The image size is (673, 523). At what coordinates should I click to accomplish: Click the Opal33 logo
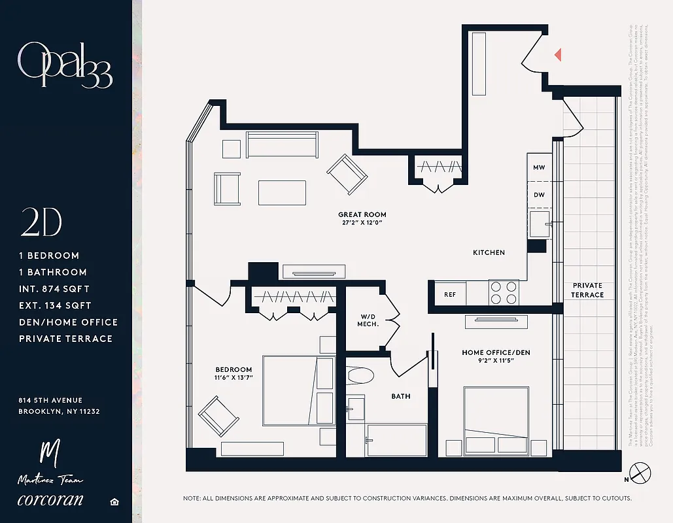click(65, 65)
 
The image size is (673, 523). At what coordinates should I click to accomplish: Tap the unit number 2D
click(41, 223)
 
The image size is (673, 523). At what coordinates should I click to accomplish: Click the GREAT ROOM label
click(362, 214)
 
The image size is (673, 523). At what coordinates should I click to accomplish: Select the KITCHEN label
click(489, 252)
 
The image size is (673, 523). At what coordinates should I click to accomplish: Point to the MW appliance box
click(539, 168)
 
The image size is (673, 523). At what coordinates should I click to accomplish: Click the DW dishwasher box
click(539, 195)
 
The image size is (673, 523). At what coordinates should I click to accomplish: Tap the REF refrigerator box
click(450, 295)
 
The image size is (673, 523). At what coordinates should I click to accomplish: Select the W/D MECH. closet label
click(368, 320)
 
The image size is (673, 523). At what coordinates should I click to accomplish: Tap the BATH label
click(400, 396)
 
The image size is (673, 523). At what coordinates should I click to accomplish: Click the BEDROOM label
click(233, 369)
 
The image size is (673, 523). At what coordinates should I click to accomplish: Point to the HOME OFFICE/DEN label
click(496, 353)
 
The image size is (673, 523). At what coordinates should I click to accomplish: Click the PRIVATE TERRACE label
click(587, 290)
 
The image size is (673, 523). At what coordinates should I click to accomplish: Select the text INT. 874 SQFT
click(54, 289)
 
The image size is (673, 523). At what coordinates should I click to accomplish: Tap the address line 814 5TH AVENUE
click(50, 400)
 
